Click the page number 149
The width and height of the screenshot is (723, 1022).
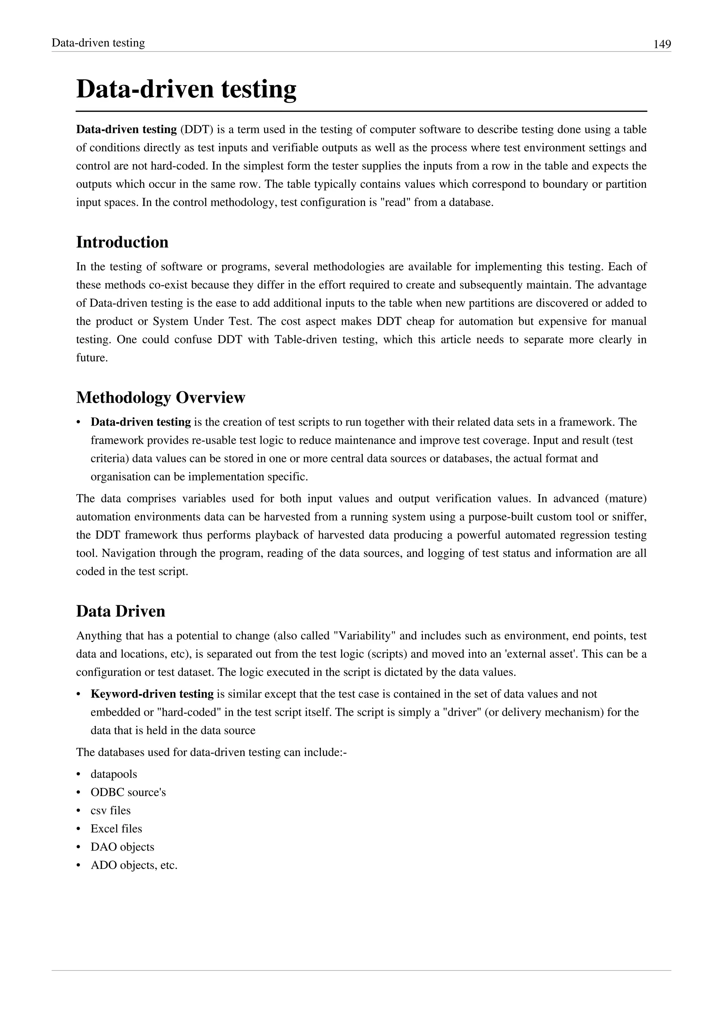(x=662, y=44)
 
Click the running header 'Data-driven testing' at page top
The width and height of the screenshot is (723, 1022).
(x=98, y=43)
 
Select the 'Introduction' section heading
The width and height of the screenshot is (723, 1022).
(x=123, y=242)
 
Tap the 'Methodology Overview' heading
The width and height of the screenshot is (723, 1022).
(x=161, y=397)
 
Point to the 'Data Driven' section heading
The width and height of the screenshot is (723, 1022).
(x=121, y=611)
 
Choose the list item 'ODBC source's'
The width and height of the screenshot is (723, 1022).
(x=128, y=792)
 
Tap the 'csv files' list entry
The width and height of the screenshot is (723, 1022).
(x=111, y=811)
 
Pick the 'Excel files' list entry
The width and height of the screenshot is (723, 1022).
(x=116, y=829)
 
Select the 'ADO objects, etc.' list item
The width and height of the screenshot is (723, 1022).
(x=134, y=865)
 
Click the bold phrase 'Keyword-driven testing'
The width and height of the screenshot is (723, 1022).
(x=152, y=694)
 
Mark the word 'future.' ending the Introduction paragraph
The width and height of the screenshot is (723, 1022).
(x=92, y=358)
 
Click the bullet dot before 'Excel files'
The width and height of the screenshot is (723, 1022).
(x=79, y=829)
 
